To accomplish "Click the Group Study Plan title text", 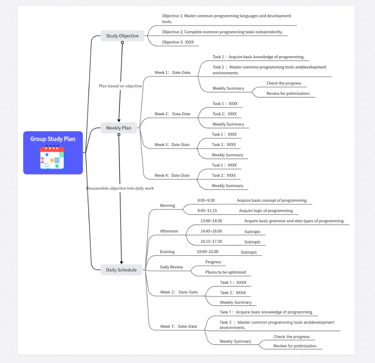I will pos(53,139).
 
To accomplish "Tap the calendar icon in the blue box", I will pos(52,158).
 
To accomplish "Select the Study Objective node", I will pos(122,36).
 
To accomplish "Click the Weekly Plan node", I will pos(119,128).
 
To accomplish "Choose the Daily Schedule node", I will pos(121,270).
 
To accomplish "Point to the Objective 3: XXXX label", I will pos(178,42).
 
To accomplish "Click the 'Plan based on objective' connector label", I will pos(120,86).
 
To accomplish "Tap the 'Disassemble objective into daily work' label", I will pos(120,188).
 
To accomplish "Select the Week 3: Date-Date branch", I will pos(172,145).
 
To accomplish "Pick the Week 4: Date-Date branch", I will pos(172,175).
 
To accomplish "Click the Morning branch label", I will pos(167,206).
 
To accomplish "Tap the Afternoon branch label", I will pos(169,231).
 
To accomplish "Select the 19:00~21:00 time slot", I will pos(207,252).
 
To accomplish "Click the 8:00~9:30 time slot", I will pos(206,200).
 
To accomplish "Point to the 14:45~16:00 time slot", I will pos(211,231).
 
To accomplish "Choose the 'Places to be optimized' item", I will pos(226,272).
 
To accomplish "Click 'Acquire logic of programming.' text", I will pos(266,210).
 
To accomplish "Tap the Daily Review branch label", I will pos(171,267).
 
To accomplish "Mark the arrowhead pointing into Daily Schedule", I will pos(121,262).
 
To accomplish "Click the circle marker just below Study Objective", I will pos(122,43).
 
